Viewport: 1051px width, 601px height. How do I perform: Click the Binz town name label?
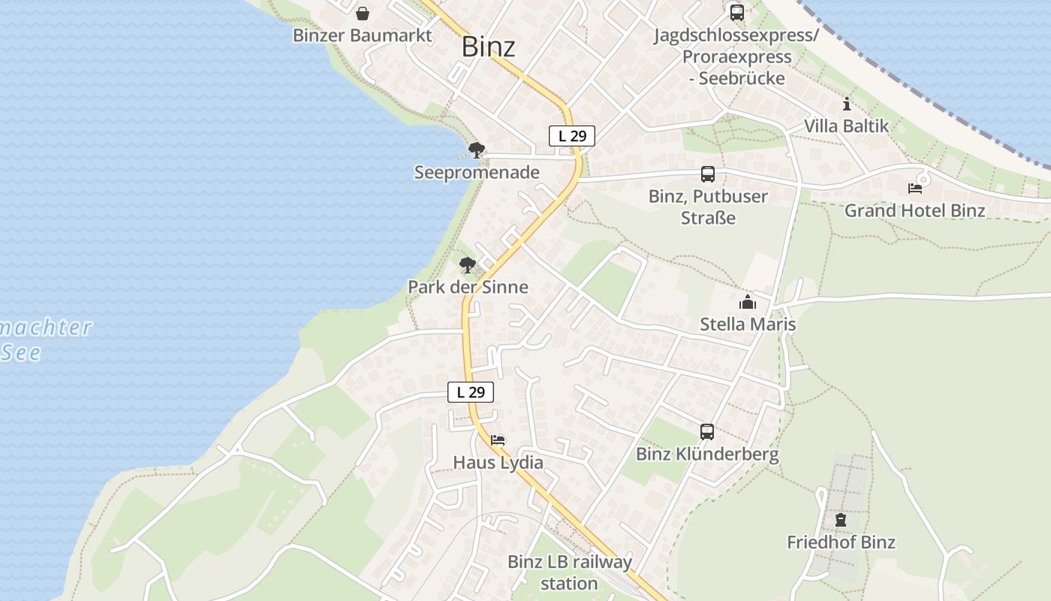coord(488,47)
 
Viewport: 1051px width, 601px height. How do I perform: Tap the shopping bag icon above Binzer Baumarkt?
coord(363,14)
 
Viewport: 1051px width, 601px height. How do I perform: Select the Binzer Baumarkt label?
coord(363,35)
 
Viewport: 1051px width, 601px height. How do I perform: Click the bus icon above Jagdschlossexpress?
coord(736,13)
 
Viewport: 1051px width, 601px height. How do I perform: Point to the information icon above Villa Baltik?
coord(847,104)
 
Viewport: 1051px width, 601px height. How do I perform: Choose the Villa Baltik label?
coord(847,125)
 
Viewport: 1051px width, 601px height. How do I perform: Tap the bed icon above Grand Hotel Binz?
coord(915,188)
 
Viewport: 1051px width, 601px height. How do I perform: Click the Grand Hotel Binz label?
coord(915,210)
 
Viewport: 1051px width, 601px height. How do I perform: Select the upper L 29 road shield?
coord(572,136)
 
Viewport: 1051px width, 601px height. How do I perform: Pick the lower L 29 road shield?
coord(471,392)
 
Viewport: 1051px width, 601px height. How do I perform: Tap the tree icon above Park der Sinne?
coord(468,265)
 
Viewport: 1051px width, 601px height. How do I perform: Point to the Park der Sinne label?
coord(468,287)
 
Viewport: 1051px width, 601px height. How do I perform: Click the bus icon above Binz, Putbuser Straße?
coord(708,174)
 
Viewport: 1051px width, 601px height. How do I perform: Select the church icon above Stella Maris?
coord(748,303)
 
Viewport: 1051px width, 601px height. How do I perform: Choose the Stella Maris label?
coord(748,325)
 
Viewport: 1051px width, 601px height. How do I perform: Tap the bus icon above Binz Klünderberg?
coord(707,432)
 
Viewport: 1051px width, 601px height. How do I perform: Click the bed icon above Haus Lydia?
coord(498,440)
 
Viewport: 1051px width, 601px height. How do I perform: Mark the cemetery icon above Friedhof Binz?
coord(841,520)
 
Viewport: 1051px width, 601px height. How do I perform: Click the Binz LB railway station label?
coord(570,572)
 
